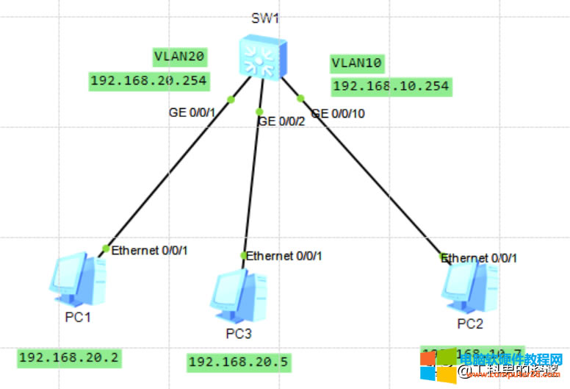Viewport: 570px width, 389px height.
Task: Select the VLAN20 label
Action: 178,55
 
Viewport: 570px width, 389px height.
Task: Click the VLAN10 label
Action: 357,63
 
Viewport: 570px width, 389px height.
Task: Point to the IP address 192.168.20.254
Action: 148,81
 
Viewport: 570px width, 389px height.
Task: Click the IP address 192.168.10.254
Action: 391,87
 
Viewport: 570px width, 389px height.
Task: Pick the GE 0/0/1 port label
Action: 191,113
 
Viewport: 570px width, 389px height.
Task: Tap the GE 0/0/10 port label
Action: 338,113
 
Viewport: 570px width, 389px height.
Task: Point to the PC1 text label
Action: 77,317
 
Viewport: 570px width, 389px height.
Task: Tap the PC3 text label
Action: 238,334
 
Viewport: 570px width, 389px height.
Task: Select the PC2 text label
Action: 469,323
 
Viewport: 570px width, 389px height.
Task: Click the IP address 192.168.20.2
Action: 69,358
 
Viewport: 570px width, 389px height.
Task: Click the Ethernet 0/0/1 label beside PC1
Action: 150,250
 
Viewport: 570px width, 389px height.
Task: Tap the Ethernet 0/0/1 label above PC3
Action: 284,256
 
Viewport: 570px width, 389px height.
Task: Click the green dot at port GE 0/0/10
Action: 300,98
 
